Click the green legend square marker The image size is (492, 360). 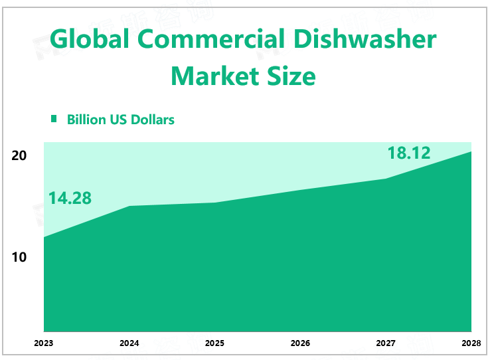pos(54,119)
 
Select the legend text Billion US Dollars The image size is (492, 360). pos(121,120)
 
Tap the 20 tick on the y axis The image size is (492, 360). pos(19,155)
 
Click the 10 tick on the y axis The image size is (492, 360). pos(19,256)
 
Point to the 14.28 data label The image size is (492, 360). pos(70,198)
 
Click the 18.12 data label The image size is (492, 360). pos(409,153)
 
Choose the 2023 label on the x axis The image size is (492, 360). pos(44,343)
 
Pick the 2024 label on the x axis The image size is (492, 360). pos(129,343)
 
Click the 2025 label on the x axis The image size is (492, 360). pos(215,343)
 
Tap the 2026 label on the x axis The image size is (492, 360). pos(301,343)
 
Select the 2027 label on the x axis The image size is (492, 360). pos(386,343)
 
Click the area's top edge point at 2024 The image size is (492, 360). pos(129,206)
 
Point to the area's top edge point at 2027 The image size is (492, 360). pos(386,179)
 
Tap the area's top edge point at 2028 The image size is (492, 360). pos(471,151)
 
